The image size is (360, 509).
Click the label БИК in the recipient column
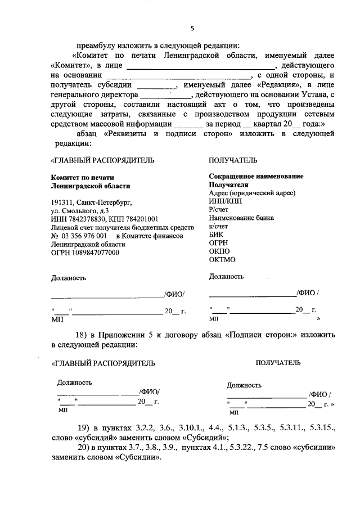(x=216, y=235)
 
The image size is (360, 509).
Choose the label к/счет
(x=219, y=226)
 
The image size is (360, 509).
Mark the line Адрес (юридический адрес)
(x=251, y=192)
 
